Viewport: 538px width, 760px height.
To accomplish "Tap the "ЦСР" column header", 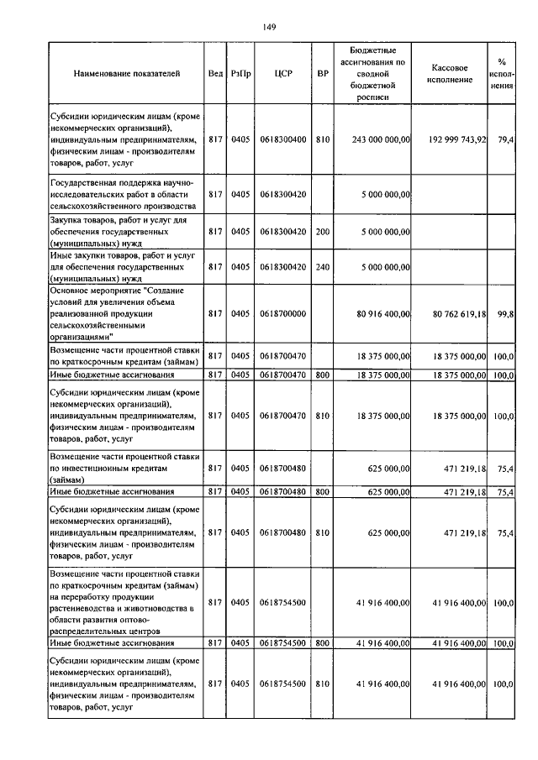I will tap(282, 74).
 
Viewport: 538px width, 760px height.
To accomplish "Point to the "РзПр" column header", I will tap(240, 74).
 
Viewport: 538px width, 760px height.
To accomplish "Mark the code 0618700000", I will tap(282, 313).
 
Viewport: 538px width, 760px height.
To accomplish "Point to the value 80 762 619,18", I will tap(459, 313).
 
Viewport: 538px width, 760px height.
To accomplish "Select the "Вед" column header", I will tap(215, 74).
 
